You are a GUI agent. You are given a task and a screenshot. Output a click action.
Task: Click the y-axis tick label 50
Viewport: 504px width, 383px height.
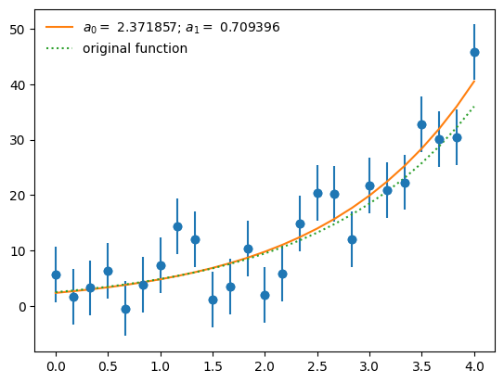(19, 30)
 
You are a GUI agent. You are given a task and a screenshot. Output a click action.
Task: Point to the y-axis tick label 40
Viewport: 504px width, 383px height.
(19, 84)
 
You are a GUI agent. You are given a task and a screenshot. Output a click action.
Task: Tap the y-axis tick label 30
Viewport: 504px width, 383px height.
(19, 140)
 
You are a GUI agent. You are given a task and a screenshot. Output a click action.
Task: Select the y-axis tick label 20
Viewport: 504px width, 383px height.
(19, 196)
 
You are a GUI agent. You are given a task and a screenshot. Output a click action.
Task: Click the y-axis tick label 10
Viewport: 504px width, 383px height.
(19, 251)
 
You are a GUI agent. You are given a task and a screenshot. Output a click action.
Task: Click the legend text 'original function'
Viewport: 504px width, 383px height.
(135, 48)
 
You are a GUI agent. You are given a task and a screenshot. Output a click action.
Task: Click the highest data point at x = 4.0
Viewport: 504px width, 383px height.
(474, 52)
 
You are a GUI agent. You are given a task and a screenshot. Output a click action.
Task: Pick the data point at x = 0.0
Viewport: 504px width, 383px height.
(56, 274)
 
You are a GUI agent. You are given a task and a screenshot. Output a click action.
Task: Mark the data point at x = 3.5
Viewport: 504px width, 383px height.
(421, 124)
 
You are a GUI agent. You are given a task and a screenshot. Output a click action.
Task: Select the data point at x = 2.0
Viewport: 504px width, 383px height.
(265, 295)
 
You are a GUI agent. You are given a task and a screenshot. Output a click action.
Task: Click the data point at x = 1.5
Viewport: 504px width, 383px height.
(213, 300)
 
